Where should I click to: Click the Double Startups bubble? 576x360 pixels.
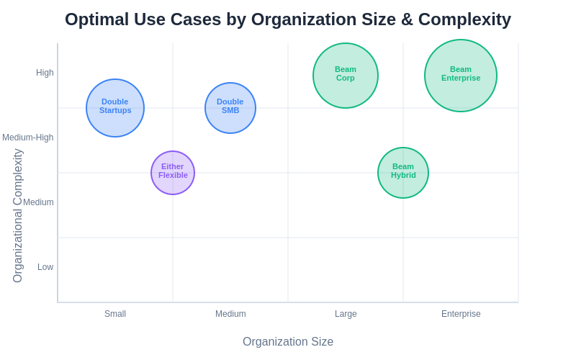tap(115, 108)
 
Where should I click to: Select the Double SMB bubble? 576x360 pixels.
tap(230, 108)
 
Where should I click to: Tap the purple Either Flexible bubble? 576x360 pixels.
tap(173, 173)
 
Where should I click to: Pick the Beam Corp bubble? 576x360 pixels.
tap(346, 76)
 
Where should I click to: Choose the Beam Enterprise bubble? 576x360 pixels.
tap(461, 76)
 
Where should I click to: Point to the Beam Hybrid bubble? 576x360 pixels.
tap(403, 173)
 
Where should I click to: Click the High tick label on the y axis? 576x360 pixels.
tap(45, 73)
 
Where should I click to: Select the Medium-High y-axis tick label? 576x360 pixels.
tap(27, 138)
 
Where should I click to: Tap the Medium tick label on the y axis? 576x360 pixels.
tap(38, 202)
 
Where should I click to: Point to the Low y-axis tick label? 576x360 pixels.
tap(45, 267)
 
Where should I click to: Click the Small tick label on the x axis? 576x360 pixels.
tap(115, 314)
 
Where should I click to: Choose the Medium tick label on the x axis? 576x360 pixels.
tap(230, 314)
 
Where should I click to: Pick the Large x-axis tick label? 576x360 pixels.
tap(346, 314)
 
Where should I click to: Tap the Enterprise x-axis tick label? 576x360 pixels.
tap(461, 314)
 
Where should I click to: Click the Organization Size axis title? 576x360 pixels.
tap(288, 342)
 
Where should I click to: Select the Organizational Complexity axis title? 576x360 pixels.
tap(18, 216)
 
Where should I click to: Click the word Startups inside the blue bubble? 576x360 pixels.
tap(115, 110)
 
